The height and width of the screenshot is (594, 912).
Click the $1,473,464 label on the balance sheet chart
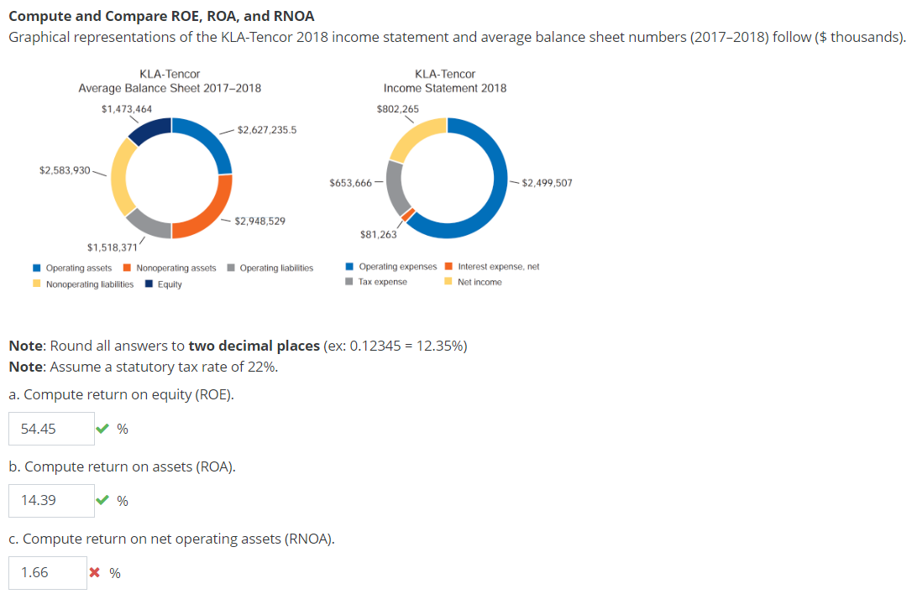(126, 108)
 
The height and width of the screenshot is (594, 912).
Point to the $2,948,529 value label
(260, 221)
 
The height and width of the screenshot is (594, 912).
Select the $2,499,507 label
(547, 182)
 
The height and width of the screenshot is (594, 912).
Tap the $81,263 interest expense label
(378, 235)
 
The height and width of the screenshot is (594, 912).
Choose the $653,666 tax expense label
(351, 182)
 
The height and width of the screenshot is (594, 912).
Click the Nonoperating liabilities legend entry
(89, 284)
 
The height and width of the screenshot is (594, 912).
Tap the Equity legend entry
(169, 284)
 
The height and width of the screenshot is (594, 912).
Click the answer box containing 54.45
(51, 429)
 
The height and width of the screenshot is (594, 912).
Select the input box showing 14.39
(51, 501)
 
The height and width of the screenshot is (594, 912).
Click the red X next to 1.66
(95, 573)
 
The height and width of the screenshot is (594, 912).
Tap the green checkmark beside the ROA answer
(102, 501)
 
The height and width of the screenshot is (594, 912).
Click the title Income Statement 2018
(444, 88)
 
